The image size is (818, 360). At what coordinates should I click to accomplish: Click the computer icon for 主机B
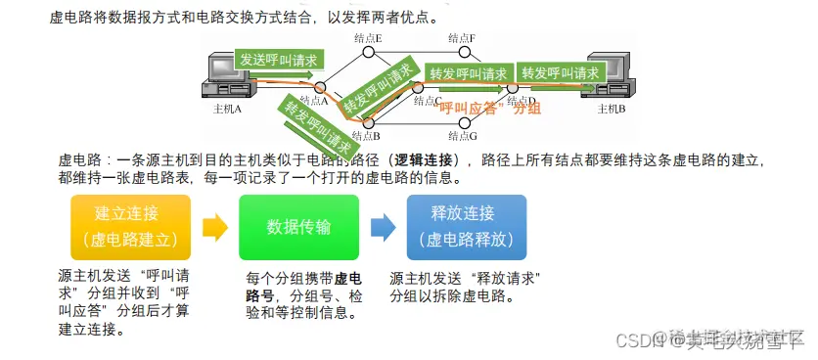click(606, 77)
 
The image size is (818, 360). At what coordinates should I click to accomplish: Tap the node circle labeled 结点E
click(369, 50)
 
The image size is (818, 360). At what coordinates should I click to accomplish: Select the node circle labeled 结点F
click(464, 50)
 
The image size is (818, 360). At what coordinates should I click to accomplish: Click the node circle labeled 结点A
click(320, 87)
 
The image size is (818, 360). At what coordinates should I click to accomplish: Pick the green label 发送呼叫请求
click(278, 61)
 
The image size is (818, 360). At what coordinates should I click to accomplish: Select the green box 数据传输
click(298, 227)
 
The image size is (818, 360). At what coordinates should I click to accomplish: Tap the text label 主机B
click(611, 109)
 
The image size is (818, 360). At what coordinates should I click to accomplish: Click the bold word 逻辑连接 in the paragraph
click(423, 159)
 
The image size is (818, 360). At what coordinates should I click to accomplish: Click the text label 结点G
click(463, 137)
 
